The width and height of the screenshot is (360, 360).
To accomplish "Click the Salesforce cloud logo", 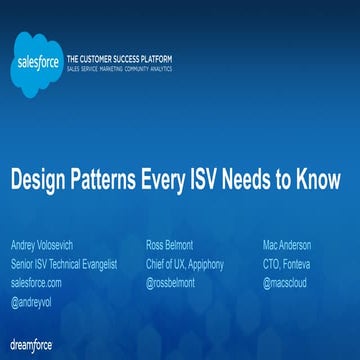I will click(x=35, y=62).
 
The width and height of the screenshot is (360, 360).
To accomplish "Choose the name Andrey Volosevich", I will click(x=41, y=245).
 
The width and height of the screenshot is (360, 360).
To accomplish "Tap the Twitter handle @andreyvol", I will click(x=32, y=299).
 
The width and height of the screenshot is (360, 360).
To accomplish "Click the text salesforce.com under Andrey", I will click(x=35, y=282).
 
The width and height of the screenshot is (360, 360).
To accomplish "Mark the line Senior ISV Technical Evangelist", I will click(x=63, y=264).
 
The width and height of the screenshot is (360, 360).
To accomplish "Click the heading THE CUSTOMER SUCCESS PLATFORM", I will click(x=118, y=58).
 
